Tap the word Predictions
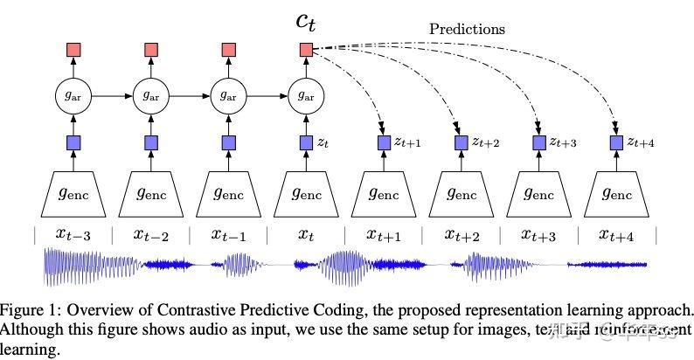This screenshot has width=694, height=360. (467, 29)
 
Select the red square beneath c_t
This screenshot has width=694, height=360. (305, 51)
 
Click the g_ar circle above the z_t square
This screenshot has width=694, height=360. (305, 93)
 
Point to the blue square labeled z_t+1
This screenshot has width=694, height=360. (383, 142)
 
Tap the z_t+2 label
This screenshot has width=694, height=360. (485, 142)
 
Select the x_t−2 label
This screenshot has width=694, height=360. (150, 234)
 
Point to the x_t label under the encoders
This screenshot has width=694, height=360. (305, 234)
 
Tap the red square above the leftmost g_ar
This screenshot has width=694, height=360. (73, 51)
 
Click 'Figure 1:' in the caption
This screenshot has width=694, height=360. (29, 310)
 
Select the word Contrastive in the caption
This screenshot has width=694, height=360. (219, 310)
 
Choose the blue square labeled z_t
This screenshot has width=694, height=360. (305, 142)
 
